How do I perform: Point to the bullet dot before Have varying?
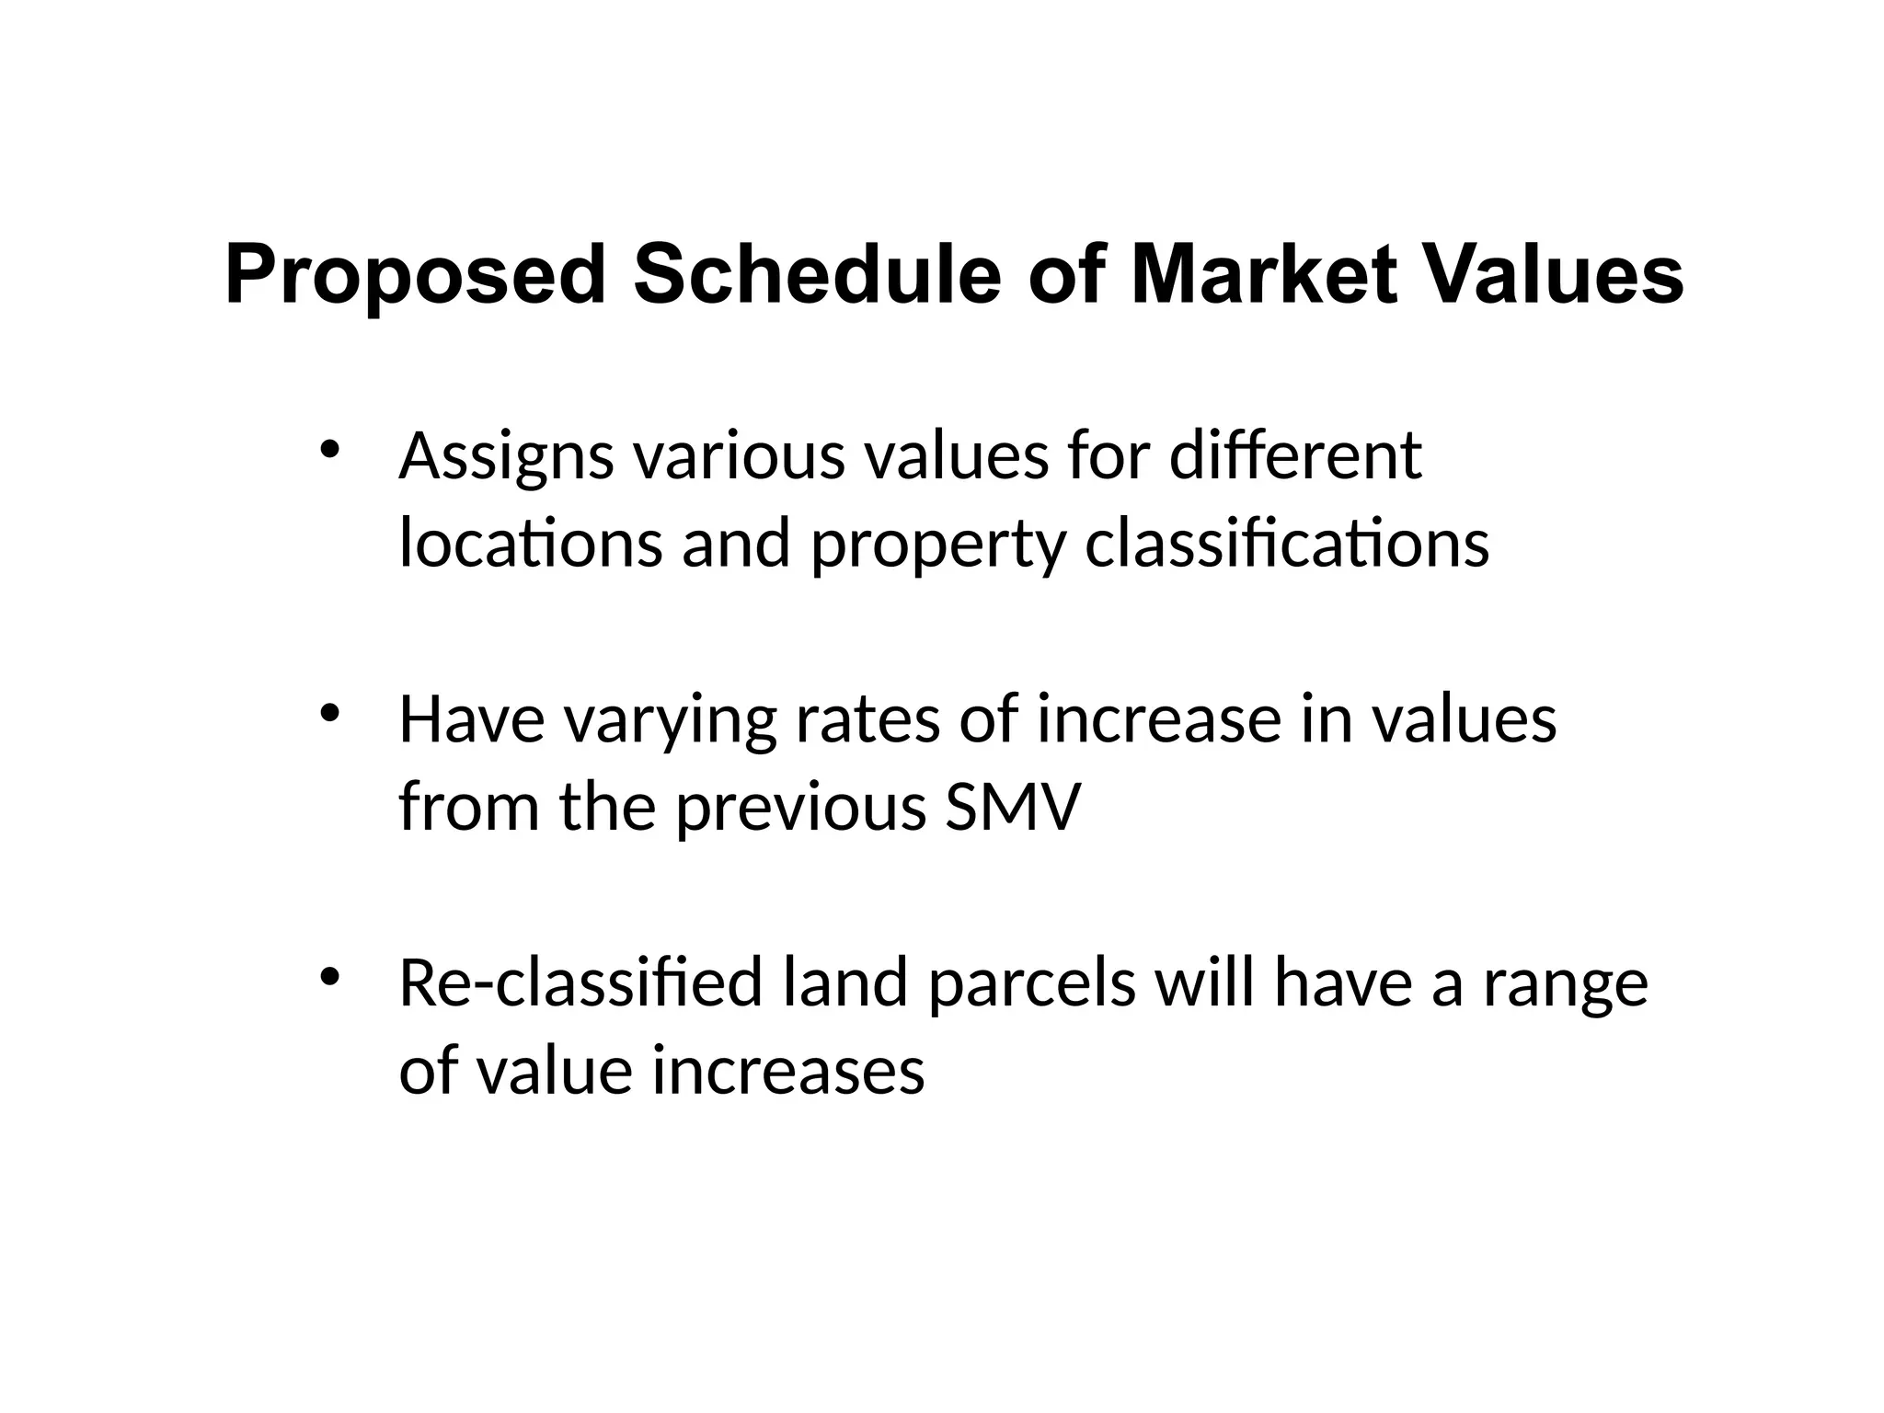tap(329, 714)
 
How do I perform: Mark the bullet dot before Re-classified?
tap(329, 978)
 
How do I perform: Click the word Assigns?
tap(505, 457)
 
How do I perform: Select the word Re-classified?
tap(580, 982)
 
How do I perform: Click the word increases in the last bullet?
tap(788, 1071)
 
